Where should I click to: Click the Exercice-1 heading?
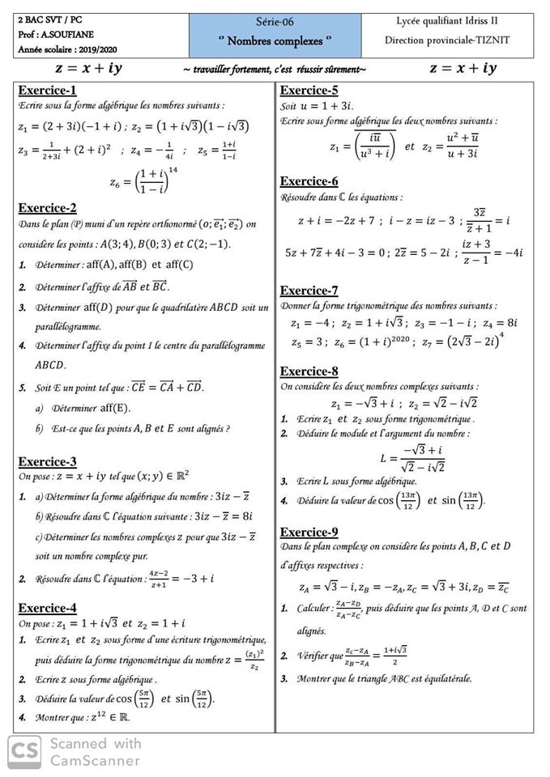click(47, 90)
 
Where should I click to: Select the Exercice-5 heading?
click(309, 90)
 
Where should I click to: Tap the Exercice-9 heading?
click(309, 532)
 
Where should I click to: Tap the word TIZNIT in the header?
click(492, 38)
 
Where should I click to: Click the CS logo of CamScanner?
click(25, 752)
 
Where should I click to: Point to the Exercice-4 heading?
click(47, 608)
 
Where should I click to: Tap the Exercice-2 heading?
click(47, 207)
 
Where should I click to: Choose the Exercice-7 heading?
click(309, 291)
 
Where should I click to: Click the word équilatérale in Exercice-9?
click(444, 678)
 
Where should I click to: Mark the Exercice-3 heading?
click(47, 461)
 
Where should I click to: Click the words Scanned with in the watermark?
click(96, 744)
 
